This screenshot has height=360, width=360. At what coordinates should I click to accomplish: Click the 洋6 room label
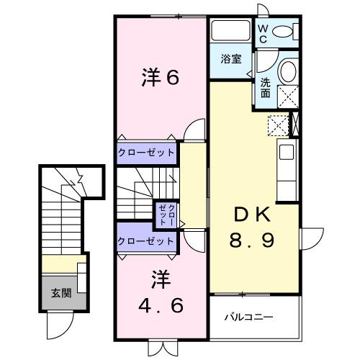pyautogui.click(x=159, y=77)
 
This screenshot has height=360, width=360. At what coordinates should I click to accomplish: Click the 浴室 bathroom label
pyautogui.click(x=230, y=60)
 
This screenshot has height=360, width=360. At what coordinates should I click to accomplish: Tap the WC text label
pyautogui.click(x=264, y=33)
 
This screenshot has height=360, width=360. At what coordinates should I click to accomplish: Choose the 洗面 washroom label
pyautogui.click(x=266, y=88)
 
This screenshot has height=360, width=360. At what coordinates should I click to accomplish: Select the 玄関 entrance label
pyautogui.click(x=60, y=294)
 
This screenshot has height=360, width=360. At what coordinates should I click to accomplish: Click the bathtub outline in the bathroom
pyautogui.click(x=229, y=32)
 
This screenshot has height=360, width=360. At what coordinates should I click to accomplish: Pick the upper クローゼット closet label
pyautogui.click(x=146, y=153)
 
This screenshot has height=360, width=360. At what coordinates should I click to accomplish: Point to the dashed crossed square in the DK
pyautogui.click(x=277, y=126)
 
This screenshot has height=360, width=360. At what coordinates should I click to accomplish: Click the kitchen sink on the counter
pyautogui.click(x=286, y=152)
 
